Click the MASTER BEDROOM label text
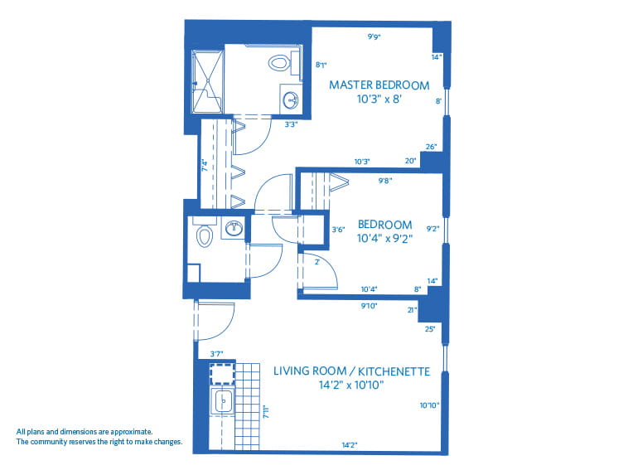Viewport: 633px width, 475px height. point(379,85)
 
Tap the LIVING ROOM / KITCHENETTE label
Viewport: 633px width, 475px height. point(351,371)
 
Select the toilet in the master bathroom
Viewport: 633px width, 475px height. point(279,62)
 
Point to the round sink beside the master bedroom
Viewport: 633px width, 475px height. point(291,100)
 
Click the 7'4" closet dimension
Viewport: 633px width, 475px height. point(205,164)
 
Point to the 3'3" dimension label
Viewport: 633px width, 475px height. point(291,126)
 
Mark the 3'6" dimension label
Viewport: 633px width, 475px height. point(337,229)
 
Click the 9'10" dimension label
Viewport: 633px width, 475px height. point(369,305)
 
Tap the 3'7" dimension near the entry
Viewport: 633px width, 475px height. point(216,353)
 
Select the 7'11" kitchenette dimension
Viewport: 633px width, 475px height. point(266,412)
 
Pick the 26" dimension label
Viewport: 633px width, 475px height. point(431,147)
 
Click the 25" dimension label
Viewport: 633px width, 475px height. point(429,329)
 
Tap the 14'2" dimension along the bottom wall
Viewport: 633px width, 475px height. point(349,445)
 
